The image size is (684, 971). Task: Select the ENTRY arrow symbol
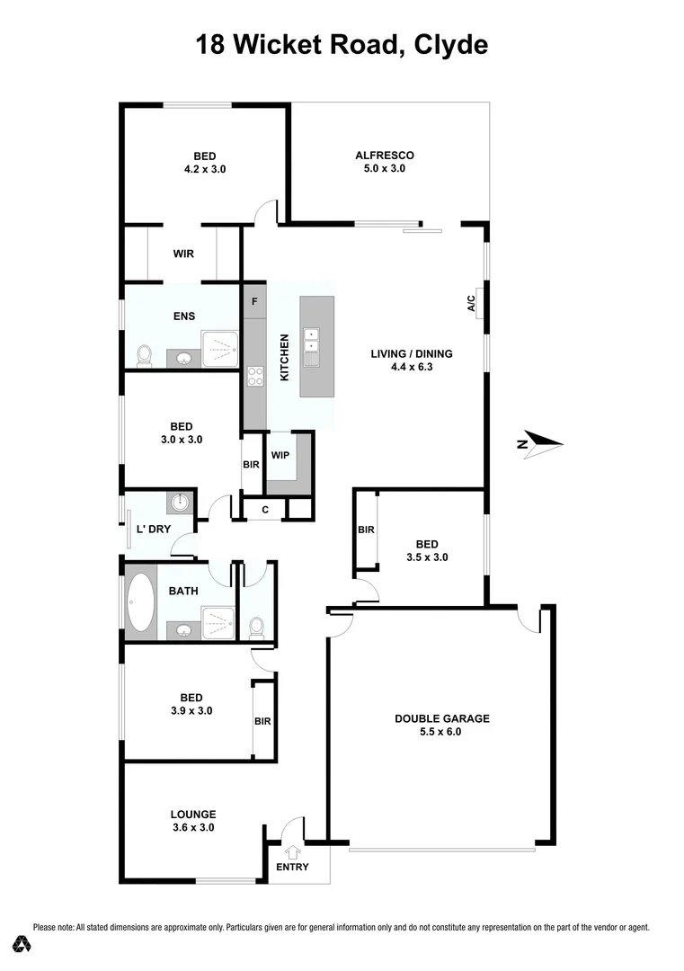[293, 851]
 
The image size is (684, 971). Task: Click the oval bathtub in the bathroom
[140, 601]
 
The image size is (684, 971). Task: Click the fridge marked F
[254, 301]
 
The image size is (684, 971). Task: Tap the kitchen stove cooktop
[254, 377]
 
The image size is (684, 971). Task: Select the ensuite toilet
[144, 357]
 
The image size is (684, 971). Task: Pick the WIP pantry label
[280, 455]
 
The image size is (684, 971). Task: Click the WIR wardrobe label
[183, 254]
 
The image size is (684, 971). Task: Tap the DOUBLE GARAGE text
[442, 718]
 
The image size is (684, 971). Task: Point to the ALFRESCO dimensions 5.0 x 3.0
[385, 168]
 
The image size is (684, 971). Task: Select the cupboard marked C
[265, 510]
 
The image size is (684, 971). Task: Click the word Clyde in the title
[450, 44]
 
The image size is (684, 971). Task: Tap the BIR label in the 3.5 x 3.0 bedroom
[366, 530]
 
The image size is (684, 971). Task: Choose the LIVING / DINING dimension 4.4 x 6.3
[412, 367]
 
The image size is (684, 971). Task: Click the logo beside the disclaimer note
[22, 944]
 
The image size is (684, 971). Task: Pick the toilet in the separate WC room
[256, 625]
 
